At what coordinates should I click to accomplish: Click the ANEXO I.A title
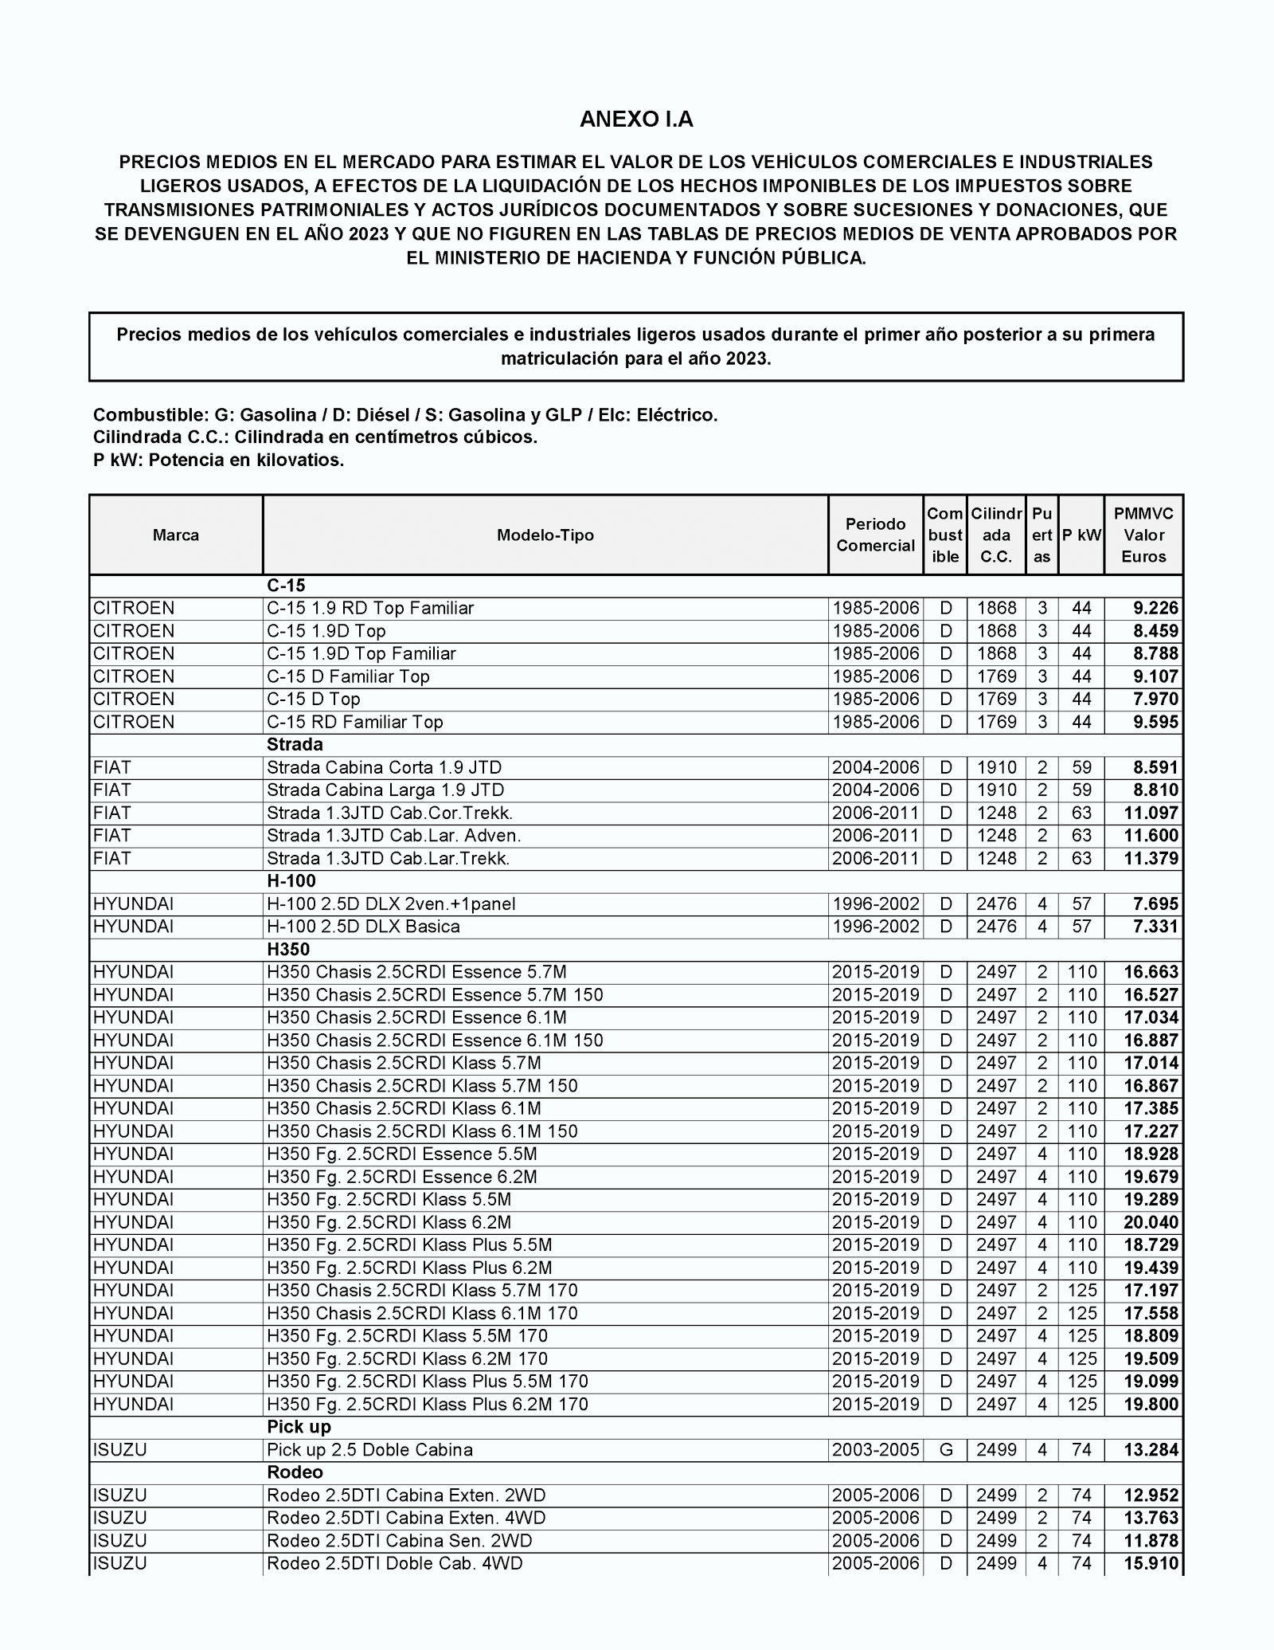point(636,120)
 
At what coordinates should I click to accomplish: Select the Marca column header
point(176,535)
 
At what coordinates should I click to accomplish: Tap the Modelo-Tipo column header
point(545,535)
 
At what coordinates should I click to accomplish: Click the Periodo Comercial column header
point(875,535)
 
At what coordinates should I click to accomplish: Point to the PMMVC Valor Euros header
point(1143,535)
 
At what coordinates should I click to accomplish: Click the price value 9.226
point(1155,609)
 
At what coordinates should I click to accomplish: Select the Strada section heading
point(295,745)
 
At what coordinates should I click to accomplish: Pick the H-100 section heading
point(291,881)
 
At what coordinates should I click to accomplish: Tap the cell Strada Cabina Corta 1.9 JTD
point(385,768)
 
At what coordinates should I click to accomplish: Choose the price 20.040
point(1151,1223)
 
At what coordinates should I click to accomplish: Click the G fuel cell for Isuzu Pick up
point(946,1450)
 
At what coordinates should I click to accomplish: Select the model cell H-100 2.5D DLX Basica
point(363,927)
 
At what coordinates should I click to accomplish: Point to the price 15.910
point(1151,1564)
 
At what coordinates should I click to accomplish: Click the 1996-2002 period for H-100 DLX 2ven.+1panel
point(875,904)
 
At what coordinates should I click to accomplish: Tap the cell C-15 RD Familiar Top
point(355,723)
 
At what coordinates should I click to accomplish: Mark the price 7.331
point(1155,927)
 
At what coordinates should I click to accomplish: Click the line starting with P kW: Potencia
point(219,461)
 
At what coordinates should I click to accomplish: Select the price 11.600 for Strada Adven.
point(1151,836)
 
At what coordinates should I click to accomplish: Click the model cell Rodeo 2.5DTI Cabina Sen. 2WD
point(400,1541)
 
